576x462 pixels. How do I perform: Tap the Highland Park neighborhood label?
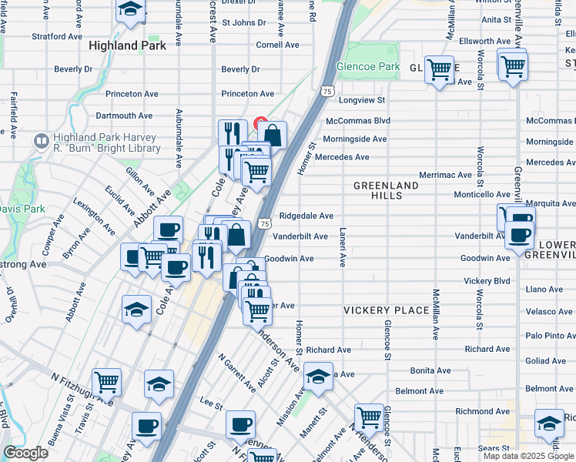127,45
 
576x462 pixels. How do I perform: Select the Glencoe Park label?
368,67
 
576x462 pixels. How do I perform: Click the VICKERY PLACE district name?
386,310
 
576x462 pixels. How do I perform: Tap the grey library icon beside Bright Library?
41,142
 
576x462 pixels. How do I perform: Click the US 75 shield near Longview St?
329,91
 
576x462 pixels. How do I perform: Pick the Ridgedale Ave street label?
306,216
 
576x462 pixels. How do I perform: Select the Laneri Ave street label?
342,247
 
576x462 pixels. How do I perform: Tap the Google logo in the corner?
25,453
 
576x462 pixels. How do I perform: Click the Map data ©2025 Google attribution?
528,456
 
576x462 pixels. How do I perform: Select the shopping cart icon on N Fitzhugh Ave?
106,382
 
